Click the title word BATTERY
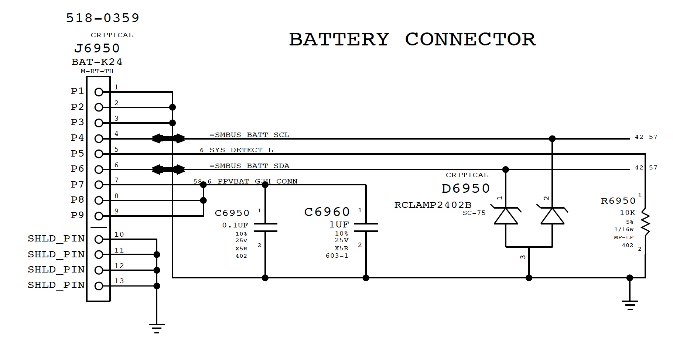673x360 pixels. [339, 40]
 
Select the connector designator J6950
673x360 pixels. [97, 48]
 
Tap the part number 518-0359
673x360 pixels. [103, 18]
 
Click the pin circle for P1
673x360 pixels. [99, 92]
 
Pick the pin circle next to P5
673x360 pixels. [99, 154]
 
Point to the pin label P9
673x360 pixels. [78, 215]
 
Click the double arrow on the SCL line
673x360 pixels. [168, 138]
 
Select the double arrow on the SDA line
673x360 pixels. [168, 169]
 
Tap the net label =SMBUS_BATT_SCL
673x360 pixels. [249, 135]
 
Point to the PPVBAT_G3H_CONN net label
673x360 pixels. [257, 181]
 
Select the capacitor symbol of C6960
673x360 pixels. [366, 227]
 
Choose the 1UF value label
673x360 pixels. [339, 224]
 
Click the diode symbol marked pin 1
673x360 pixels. [506, 216]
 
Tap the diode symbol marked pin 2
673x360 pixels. [552, 216]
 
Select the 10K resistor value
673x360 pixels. [628, 213]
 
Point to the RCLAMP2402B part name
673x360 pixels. [433, 205]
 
